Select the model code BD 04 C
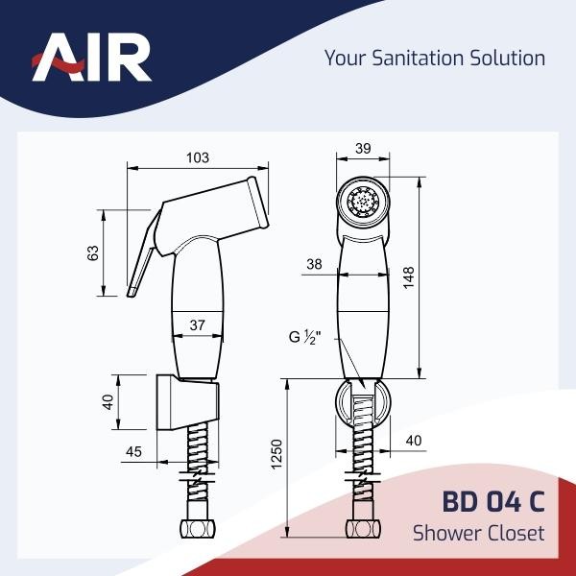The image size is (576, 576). [492, 501]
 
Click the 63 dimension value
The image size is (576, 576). [93, 253]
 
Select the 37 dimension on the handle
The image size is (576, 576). [197, 325]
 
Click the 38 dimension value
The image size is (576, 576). [314, 265]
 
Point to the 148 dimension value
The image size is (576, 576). [410, 277]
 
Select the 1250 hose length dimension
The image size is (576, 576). [277, 457]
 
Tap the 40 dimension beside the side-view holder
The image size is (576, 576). [108, 401]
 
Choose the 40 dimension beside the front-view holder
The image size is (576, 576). [414, 440]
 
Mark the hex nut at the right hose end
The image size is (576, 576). [362, 530]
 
